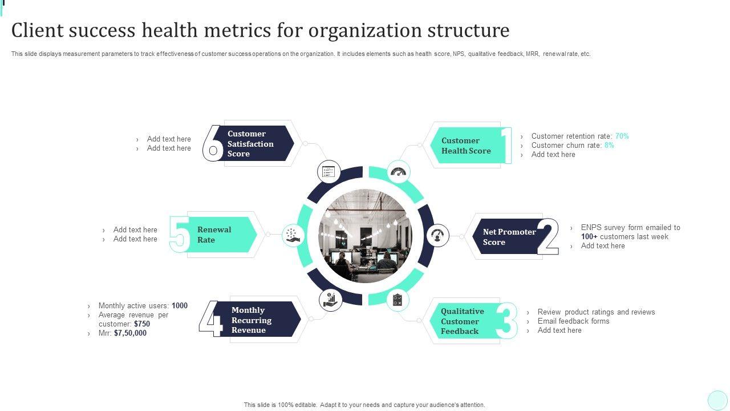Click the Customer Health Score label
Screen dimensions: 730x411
tap(466, 146)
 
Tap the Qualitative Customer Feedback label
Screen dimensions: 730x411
tap(462, 321)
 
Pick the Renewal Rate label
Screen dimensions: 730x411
tap(214, 235)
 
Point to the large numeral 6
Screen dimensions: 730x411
tap(213, 143)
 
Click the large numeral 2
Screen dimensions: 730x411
tap(547, 236)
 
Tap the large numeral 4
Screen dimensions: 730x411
tap(210, 320)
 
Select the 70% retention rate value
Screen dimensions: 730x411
tap(622, 136)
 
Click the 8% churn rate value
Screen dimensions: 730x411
tap(609, 146)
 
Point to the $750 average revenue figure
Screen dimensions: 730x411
tap(142, 324)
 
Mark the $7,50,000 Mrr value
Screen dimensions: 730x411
tap(130, 333)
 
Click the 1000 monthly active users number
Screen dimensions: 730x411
tap(179, 306)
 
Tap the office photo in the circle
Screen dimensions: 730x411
tap(365, 236)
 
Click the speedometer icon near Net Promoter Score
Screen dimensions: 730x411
tap(438, 236)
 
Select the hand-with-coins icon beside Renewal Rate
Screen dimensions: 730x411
tap(292, 235)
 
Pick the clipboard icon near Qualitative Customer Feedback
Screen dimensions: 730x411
tap(398, 300)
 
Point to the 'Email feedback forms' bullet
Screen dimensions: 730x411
tap(573, 321)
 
